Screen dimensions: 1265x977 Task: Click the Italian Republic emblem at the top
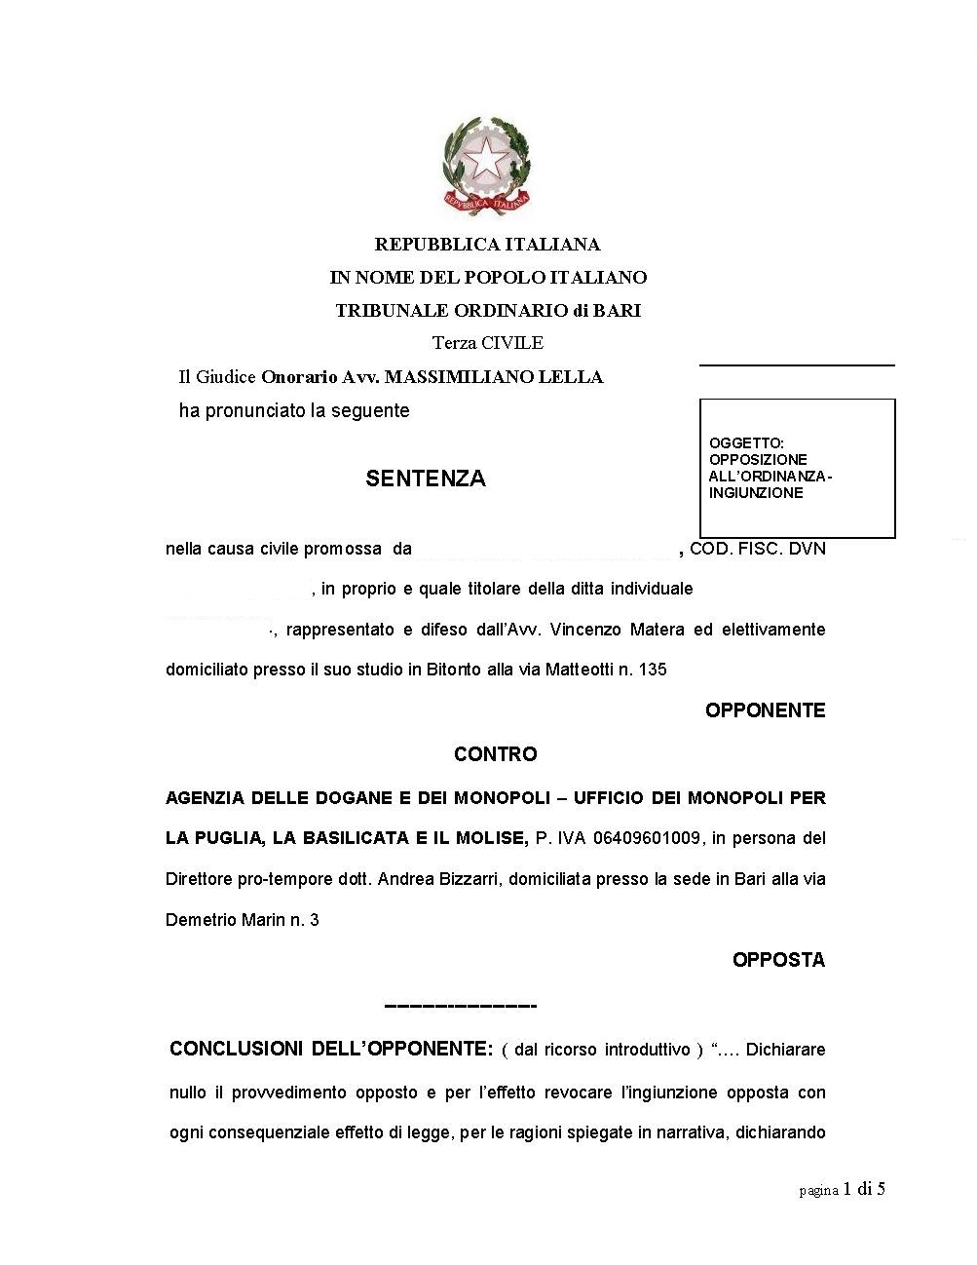tap(487, 165)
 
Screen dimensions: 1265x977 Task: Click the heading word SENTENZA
tap(426, 479)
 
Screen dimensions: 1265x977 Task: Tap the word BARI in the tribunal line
tap(618, 311)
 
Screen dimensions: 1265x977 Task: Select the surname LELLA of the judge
tap(574, 377)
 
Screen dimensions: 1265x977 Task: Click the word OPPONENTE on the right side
tap(765, 710)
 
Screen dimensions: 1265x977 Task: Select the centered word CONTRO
tap(495, 754)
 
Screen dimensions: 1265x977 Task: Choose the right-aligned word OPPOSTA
tap(778, 960)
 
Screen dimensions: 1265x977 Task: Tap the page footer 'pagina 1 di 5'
tap(842, 1189)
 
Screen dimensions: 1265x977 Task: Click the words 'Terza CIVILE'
tap(488, 343)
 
